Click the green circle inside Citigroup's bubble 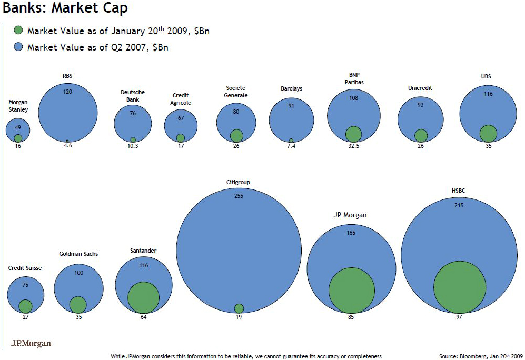tap(239, 308)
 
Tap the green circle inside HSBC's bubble tap(459, 287)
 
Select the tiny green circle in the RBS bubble tap(67, 141)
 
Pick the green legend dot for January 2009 tap(18, 31)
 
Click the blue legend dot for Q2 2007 tap(18, 47)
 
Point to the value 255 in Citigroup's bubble tap(239, 195)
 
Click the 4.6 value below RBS tap(67, 146)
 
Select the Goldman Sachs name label tap(78, 254)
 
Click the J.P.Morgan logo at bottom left tap(31, 344)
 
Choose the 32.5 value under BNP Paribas tap(353, 146)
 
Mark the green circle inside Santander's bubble tap(143, 297)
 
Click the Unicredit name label tap(420, 88)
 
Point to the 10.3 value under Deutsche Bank tap(133, 146)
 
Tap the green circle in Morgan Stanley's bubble tap(18, 138)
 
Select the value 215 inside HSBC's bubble tap(459, 205)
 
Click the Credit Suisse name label tap(25, 268)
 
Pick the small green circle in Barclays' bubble tap(291, 141)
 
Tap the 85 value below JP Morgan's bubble tap(351, 317)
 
